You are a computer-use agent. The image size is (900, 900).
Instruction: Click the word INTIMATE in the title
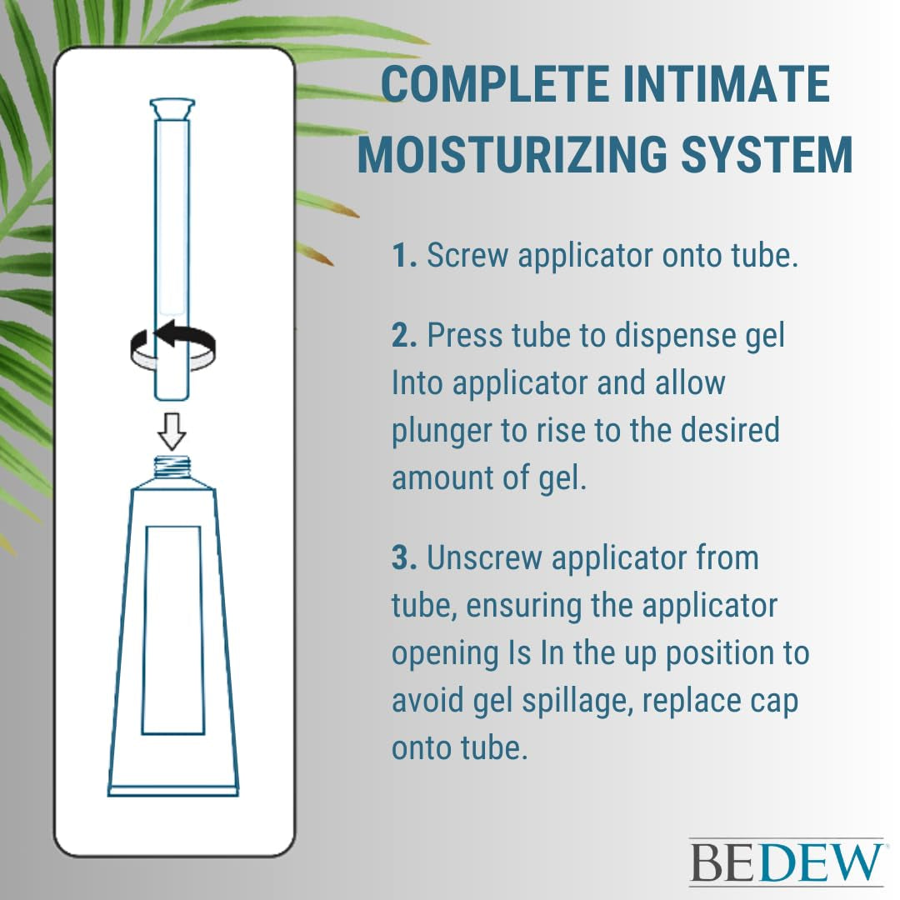coord(722,85)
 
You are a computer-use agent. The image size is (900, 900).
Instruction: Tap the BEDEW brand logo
coord(785,862)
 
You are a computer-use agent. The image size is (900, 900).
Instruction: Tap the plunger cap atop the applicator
coord(172,108)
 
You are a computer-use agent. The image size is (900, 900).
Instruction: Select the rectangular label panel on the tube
coord(172,629)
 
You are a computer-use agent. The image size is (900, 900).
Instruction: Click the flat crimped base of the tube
coord(173,789)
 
